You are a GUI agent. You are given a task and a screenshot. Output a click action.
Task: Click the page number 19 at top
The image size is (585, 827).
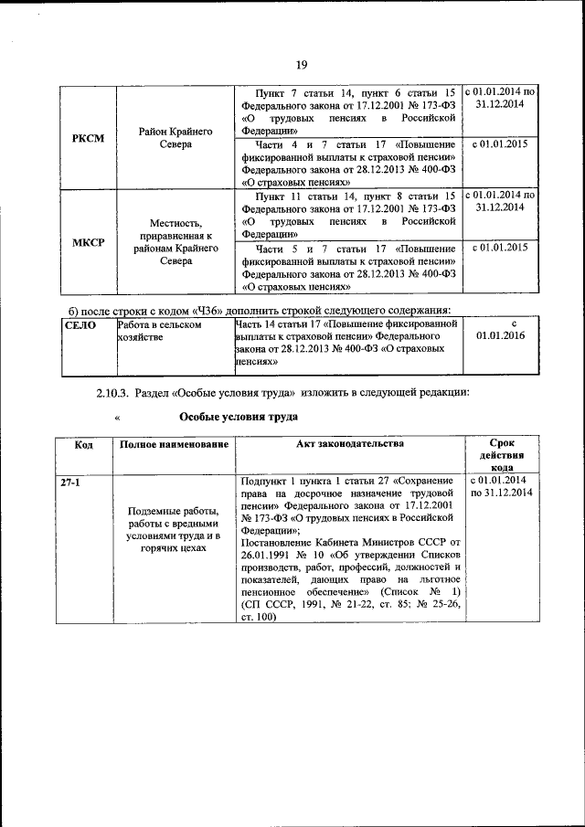301,63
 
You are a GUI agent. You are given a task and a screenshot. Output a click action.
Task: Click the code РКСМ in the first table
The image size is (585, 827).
88,138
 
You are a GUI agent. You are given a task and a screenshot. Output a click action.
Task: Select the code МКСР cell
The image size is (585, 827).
88,241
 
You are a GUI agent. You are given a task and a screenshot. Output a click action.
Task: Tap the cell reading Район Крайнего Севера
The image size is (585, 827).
176,138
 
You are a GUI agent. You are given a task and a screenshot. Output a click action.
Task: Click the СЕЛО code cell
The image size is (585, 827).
80,324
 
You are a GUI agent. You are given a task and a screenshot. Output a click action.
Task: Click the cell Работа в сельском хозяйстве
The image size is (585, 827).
159,330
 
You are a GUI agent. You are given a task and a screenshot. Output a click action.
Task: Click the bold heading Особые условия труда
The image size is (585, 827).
239,416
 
